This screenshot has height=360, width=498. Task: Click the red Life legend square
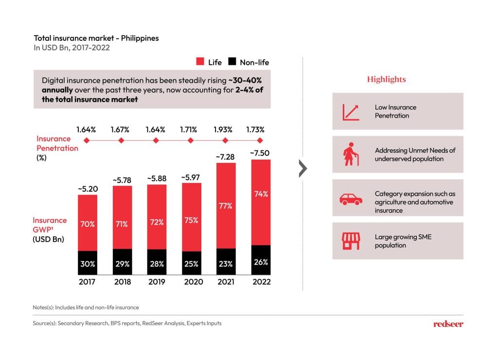(200, 62)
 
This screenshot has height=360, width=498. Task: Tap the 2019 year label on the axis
(156, 282)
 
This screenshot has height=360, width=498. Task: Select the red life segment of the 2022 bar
(261, 202)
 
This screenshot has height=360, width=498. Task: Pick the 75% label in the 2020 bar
(191, 220)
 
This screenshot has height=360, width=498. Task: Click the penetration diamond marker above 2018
(122, 141)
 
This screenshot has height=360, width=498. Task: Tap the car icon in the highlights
(350, 198)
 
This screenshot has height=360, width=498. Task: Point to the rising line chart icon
(351, 111)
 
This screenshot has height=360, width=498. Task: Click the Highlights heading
(386, 79)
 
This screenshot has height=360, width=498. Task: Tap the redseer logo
(447, 324)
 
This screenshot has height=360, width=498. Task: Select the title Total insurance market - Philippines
(96, 38)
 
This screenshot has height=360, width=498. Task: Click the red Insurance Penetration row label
(57, 144)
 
